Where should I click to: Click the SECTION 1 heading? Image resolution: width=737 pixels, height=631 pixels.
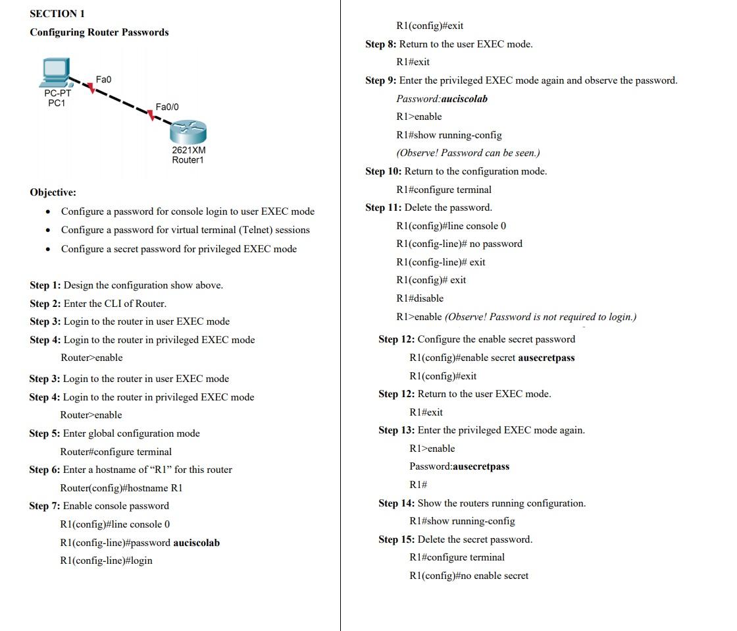[x=57, y=13]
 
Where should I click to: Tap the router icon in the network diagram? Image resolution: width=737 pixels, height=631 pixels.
[x=188, y=134]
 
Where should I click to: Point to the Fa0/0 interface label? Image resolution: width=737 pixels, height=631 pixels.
[x=167, y=107]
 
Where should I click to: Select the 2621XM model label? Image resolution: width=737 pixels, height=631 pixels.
[x=188, y=150]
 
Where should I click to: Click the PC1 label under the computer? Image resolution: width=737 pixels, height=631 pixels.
[x=57, y=103]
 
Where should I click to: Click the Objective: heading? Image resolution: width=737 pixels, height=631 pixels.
[x=53, y=192]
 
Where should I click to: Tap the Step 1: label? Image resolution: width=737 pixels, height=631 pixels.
[x=45, y=285]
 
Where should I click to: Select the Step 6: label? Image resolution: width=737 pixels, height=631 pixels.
[x=45, y=470]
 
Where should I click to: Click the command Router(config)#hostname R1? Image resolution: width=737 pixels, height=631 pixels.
[x=121, y=488]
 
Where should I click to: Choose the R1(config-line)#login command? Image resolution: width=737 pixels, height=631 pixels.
[x=106, y=561]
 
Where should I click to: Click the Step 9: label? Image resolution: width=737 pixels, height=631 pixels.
[x=381, y=80]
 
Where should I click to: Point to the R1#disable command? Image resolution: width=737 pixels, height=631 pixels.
[x=420, y=298]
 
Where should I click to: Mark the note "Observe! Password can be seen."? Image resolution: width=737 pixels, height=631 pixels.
[x=468, y=153]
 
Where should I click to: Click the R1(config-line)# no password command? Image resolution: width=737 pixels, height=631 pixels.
[x=459, y=244]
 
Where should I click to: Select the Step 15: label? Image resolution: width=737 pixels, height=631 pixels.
[x=397, y=539]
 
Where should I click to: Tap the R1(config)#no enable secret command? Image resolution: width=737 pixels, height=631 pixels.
[x=469, y=576]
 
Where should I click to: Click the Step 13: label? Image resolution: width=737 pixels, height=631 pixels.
[x=397, y=430]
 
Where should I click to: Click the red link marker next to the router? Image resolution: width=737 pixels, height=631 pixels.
[x=151, y=117]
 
